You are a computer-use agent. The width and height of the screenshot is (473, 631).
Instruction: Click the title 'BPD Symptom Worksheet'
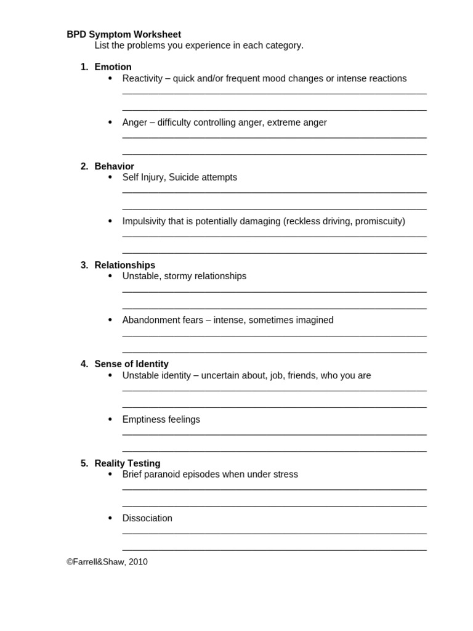[x=124, y=35]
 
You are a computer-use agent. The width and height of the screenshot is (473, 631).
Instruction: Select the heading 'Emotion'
[x=113, y=67]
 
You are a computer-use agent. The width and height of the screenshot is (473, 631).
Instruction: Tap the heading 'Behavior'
[x=114, y=166]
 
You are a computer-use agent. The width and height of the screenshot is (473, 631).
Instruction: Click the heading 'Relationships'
[x=124, y=265]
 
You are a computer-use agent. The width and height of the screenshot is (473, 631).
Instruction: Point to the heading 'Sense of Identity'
[x=131, y=364]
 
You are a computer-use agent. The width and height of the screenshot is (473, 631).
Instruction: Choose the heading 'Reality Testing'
[x=127, y=463]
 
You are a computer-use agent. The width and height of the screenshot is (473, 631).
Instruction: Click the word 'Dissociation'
[x=147, y=518]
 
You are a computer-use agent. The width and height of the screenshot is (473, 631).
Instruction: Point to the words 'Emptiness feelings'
[x=161, y=419]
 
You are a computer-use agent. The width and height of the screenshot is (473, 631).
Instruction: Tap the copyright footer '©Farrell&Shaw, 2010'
[x=107, y=561]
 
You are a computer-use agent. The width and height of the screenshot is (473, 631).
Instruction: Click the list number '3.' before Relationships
[x=84, y=265]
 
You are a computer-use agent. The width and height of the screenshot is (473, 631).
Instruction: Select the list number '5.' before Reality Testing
[x=84, y=463]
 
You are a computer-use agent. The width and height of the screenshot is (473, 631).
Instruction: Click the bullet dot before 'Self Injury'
[x=110, y=177]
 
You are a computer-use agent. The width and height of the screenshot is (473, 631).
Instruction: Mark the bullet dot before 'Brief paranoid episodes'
[x=110, y=474]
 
